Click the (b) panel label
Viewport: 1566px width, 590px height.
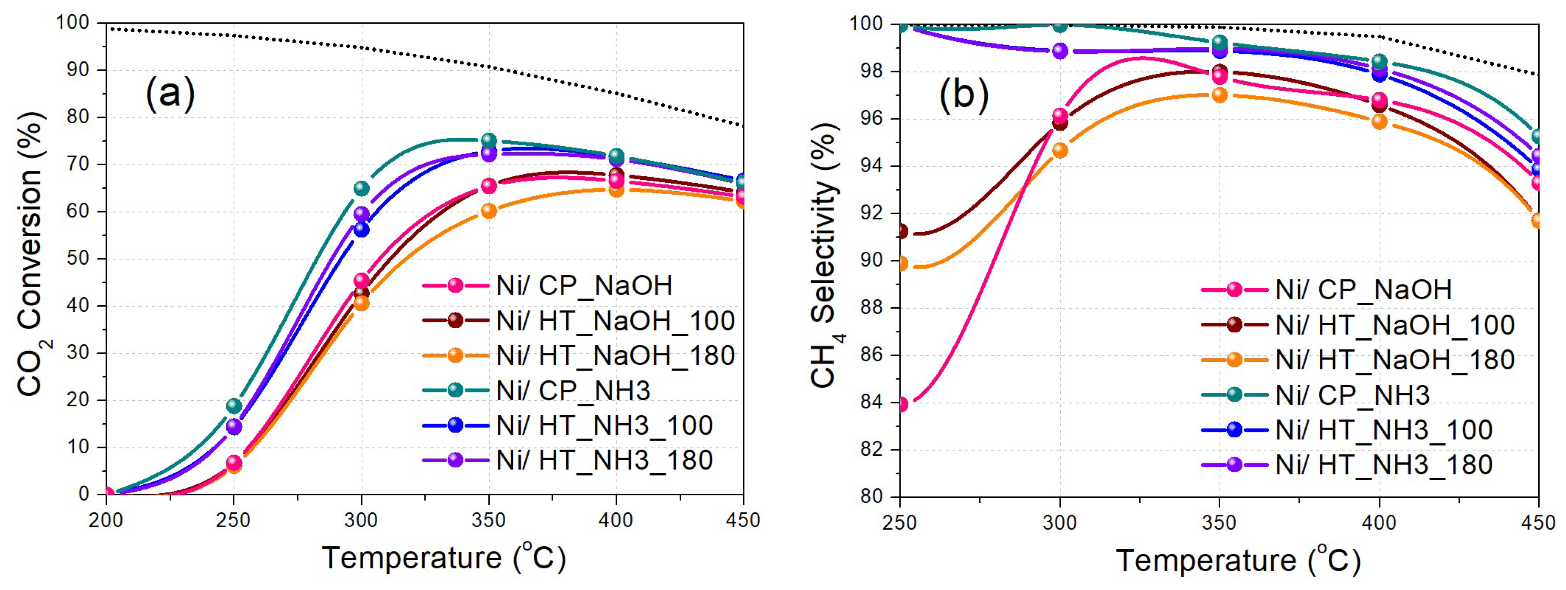[x=964, y=94]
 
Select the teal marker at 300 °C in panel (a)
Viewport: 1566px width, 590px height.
[x=362, y=188]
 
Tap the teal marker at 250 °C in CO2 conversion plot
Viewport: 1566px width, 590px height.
[x=234, y=406]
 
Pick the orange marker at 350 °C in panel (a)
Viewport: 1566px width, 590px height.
[x=489, y=211]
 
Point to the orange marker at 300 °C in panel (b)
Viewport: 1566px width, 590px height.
[x=1060, y=150]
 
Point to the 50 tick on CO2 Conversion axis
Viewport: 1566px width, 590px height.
[x=77, y=259]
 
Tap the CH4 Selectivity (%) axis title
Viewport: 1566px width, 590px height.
[x=826, y=255]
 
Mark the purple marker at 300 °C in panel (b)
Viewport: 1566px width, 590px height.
[x=1060, y=51]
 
